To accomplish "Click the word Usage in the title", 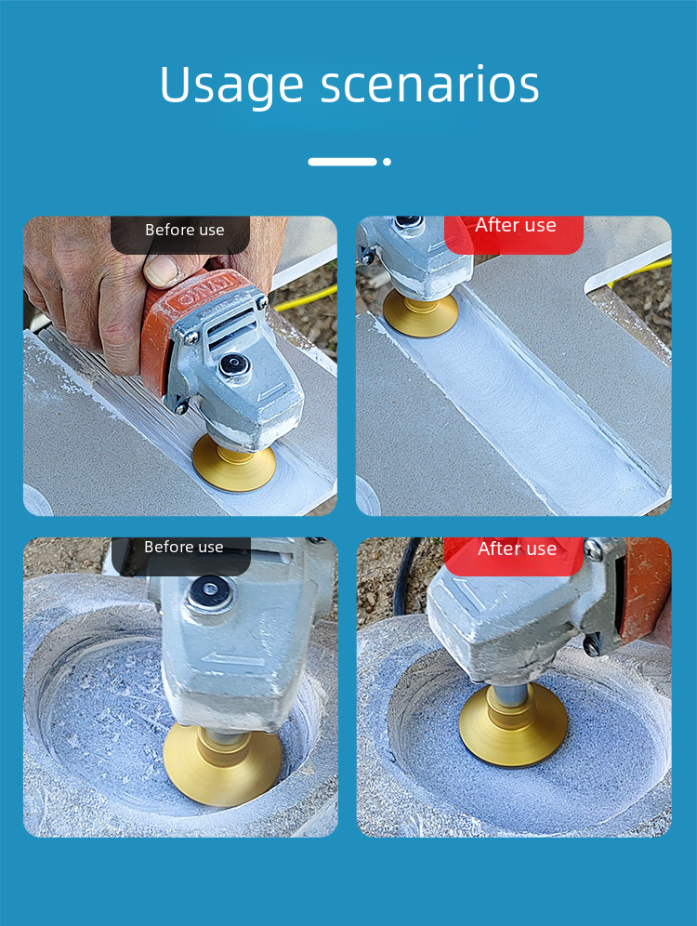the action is [231, 86].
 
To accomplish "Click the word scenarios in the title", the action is [430, 85].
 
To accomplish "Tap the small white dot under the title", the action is [387, 162].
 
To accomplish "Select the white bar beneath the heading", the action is [342, 162].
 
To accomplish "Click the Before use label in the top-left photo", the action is [185, 230].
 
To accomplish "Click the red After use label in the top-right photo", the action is [515, 225].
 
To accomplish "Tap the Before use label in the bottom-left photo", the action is [184, 547].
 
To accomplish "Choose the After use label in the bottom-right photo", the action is [517, 549].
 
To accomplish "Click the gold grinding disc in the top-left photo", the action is [234, 462].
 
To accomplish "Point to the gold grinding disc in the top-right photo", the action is [420, 313].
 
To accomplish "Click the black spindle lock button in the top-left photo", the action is [234, 365].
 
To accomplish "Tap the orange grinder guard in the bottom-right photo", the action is [645, 589].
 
